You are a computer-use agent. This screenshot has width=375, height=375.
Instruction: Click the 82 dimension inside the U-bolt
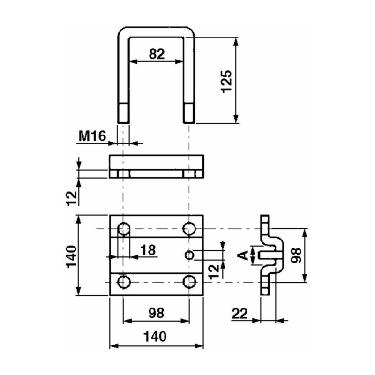pos(157,54)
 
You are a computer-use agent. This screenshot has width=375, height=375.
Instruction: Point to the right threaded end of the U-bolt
pos(189,112)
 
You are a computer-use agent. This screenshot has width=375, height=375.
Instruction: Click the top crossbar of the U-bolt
pos(157,31)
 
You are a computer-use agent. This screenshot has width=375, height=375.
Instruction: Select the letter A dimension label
pos(243,255)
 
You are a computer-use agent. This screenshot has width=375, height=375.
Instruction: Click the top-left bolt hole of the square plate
pos(124,229)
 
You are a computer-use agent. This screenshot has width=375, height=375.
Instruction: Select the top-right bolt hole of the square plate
pos(189,229)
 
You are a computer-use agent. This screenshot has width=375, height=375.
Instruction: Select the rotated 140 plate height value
pos(71,255)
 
